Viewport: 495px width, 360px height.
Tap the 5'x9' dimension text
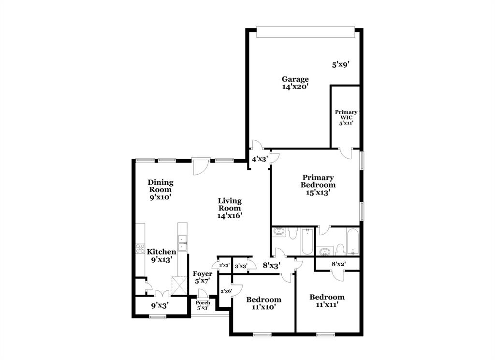tap(341, 63)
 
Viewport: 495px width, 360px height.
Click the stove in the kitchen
tap(140, 249)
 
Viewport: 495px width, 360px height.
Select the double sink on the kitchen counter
tap(183, 243)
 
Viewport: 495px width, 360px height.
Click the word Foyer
tap(203, 274)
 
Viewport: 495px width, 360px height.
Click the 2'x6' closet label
tap(226, 291)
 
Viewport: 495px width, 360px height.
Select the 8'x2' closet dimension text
tap(337, 264)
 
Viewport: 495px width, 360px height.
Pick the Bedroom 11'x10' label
tap(263, 303)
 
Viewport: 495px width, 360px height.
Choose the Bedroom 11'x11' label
tap(327, 300)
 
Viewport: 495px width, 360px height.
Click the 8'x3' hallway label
tap(272, 265)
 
